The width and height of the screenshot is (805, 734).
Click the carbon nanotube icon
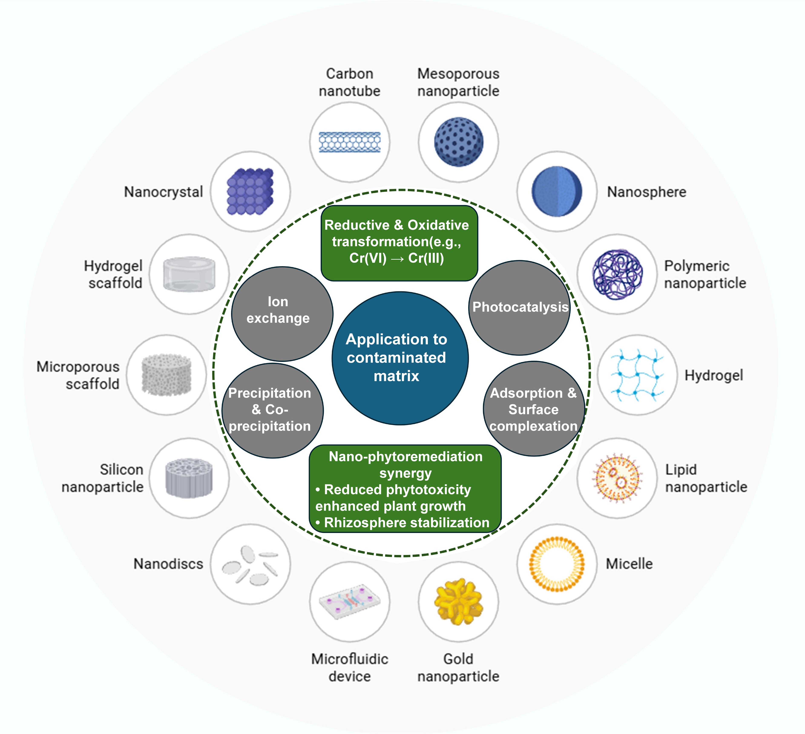click(x=349, y=142)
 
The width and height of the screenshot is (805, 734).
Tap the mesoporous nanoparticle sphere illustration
click(x=458, y=142)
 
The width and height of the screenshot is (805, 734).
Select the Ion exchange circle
click(x=282, y=314)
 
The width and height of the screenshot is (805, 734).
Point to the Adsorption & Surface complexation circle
click(x=533, y=409)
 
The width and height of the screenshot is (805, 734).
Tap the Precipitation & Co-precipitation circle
click(x=272, y=410)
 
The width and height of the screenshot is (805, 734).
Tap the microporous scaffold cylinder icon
click(x=167, y=375)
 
